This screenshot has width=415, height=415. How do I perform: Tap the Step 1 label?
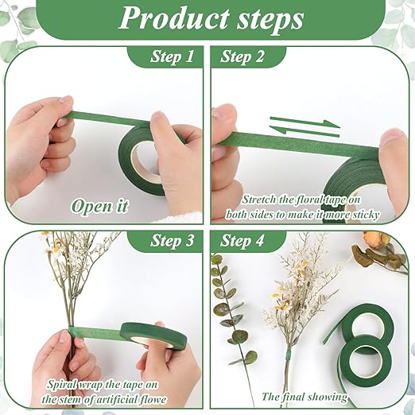coord(172,57)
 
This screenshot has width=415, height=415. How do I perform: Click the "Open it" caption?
coord(99,206)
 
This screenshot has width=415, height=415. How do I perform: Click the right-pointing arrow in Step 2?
coord(306,121)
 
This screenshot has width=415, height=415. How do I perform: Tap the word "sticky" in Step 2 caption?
coord(364,215)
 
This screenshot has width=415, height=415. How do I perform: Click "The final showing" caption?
coord(304,396)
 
